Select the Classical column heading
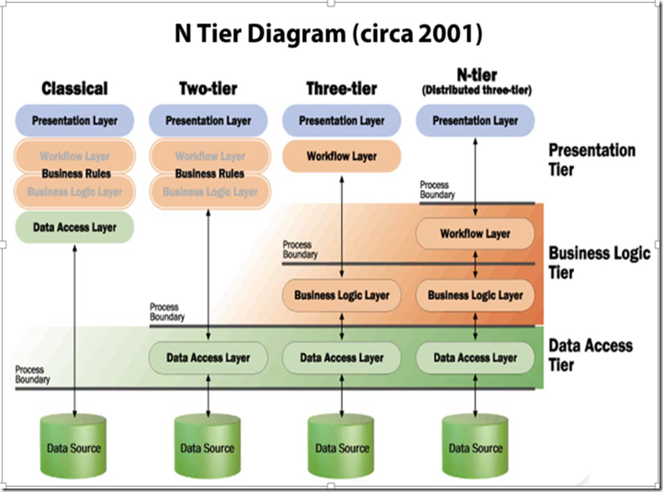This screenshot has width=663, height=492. coord(75,89)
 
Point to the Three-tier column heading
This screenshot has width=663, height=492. coord(341,89)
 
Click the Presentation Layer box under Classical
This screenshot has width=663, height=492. coord(75,121)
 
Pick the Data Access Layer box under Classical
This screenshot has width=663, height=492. coord(75,228)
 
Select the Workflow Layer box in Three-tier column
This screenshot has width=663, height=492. coord(341,156)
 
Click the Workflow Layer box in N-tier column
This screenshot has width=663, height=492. coord(475,234)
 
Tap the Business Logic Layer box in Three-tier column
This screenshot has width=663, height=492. coord(341,296)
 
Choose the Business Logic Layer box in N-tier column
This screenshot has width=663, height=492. coord(475,296)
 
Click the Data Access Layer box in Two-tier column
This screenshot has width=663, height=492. coord(208,357)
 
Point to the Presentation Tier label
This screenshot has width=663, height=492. coord(592,160)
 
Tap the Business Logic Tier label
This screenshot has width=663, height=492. coord(599,263)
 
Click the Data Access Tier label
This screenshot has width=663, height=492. coord(591,355)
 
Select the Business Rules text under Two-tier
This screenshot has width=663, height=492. coord(209,174)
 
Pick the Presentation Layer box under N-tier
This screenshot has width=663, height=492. coord(475,121)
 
